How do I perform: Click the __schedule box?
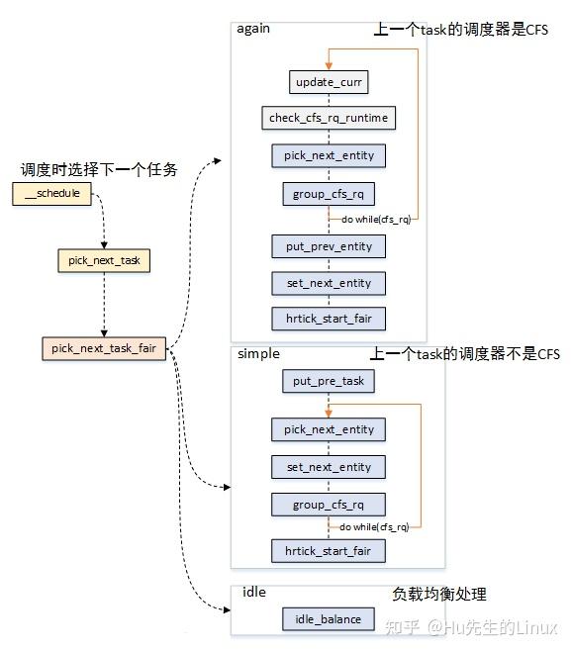pyautogui.click(x=51, y=194)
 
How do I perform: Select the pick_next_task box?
pyautogui.click(x=104, y=261)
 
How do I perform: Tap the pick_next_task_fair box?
pyautogui.click(x=104, y=349)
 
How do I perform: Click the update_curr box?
pyautogui.click(x=328, y=81)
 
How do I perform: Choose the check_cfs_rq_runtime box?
pyautogui.click(x=328, y=119)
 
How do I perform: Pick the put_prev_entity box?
pyautogui.click(x=328, y=246)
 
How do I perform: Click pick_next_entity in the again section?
pyautogui.click(x=328, y=156)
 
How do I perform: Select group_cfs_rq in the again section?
pyautogui.click(x=328, y=194)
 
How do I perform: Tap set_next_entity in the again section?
pyautogui.click(x=328, y=284)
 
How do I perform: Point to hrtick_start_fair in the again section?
pyautogui.click(x=328, y=319)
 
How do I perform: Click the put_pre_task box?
pyautogui.click(x=328, y=381)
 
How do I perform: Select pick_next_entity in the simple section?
pyautogui.click(x=328, y=429)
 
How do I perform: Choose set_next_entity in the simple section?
pyautogui.click(x=328, y=467)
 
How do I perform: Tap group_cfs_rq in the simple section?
pyautogui.click(x=328, y=505)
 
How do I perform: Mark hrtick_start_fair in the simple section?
pyautogui.click(x=328, y=550)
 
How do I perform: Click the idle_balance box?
pyautogui.click(x=328, y=620)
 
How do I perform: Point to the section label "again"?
pyautogui.click(x=253, y=28)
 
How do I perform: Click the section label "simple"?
pyautogui.click(x=257, y=353)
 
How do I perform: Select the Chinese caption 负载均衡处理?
pyautogui.click(x=438, y=595)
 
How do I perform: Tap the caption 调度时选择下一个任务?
pyautogui.click(x=99, y=169)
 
